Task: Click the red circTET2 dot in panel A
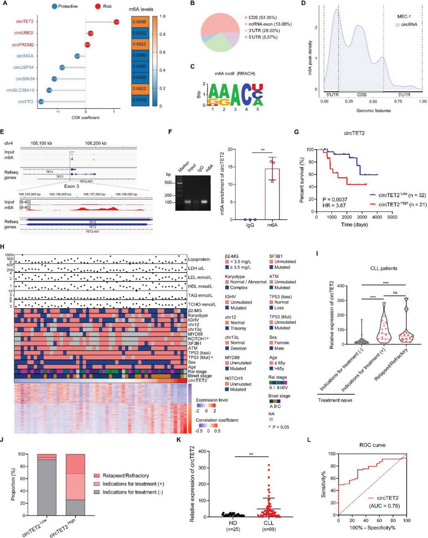pos(116,22)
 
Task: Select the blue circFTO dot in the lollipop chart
pos(41,102)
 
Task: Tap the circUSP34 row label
pos(23,67)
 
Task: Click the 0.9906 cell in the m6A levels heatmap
pos(140,22)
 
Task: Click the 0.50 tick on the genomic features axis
pos(373,102)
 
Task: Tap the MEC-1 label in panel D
pos(404,16)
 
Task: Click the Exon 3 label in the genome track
pos(71,186)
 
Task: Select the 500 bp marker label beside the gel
pos(168,183)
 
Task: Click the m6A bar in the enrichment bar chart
pos(272,194)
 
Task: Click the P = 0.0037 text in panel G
pos(335,200)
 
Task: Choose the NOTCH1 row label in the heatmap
pos(197,339)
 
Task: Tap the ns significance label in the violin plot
pos(395,293)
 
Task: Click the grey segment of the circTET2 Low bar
pos(47,488)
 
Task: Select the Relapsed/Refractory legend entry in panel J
pos(125,476)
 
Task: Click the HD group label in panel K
pos(233,523)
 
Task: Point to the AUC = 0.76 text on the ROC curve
pos(384,506)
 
